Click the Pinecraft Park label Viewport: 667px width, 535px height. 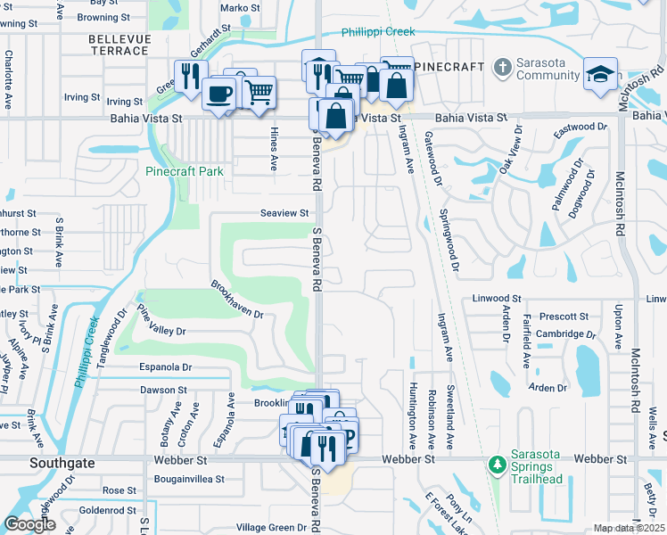185,170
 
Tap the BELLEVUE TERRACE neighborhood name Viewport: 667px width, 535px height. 118,45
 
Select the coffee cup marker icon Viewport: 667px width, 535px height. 218,92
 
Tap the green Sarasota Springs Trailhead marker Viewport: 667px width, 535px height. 497,465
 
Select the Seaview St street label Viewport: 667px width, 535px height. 284,213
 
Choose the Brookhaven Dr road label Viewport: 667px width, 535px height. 237,300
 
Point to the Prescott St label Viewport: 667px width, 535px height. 564,317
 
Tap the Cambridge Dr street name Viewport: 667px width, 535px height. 565,334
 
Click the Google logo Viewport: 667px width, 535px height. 29,524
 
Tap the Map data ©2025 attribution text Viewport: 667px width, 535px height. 629,528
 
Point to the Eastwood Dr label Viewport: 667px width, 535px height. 581,128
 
